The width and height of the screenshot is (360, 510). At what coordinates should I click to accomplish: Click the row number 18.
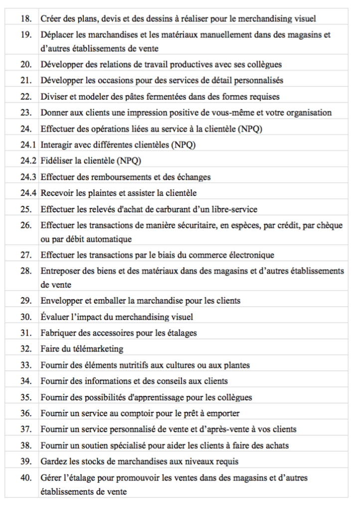(26, 19)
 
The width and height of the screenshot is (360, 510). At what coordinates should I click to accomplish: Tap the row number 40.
(26, 478)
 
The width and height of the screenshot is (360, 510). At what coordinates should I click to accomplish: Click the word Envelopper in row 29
(61, 301)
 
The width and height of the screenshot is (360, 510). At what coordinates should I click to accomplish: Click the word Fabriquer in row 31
(58, 333)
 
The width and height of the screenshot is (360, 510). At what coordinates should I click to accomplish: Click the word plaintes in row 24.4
(101, 193)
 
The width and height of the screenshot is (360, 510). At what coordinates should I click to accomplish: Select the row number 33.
(26, 365)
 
